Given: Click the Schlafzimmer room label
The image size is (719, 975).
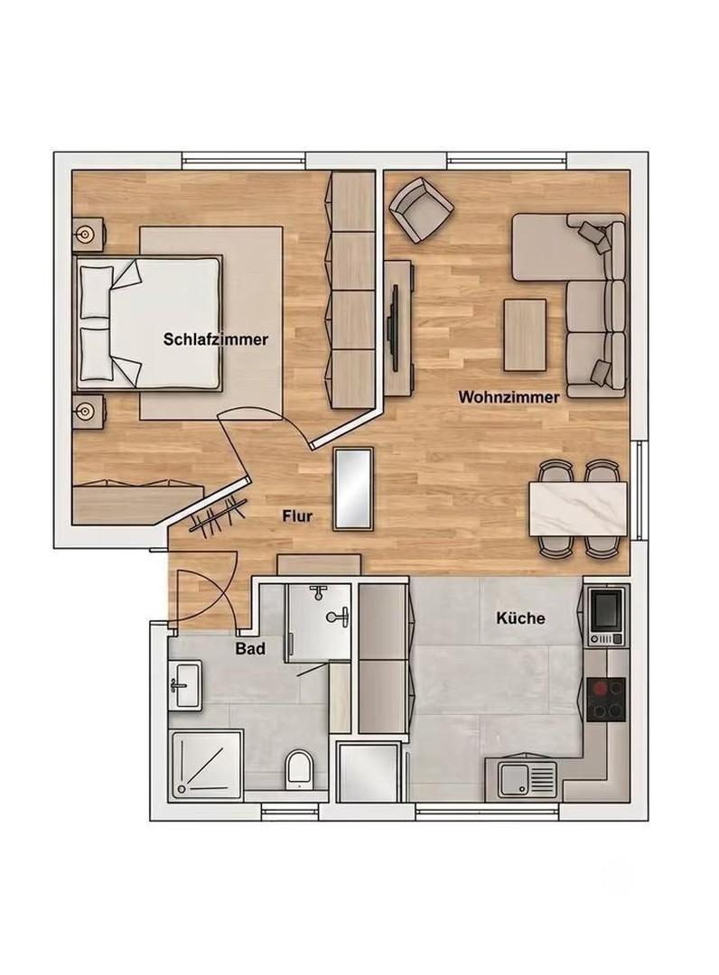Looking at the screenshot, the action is [216, 339].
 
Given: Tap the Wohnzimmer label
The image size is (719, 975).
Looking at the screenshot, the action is [509, 396].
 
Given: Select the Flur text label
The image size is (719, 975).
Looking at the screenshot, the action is [296, 515].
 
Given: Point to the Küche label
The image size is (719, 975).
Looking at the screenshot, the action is [520, 618].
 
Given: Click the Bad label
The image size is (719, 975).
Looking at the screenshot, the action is [250, 648].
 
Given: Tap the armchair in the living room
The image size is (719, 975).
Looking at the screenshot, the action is [420, 209].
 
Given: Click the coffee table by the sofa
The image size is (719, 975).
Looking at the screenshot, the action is [525, 335].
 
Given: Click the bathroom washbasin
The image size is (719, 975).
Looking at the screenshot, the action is [185, 684].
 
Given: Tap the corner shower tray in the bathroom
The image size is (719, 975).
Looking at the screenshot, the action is [206, 765].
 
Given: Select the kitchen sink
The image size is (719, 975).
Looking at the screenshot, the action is [527, 778].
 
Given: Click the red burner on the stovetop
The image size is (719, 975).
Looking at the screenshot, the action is [601, 688].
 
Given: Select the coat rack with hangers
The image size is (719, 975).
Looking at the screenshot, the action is [216, 515].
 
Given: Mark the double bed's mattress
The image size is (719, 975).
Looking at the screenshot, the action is [164, 324].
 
